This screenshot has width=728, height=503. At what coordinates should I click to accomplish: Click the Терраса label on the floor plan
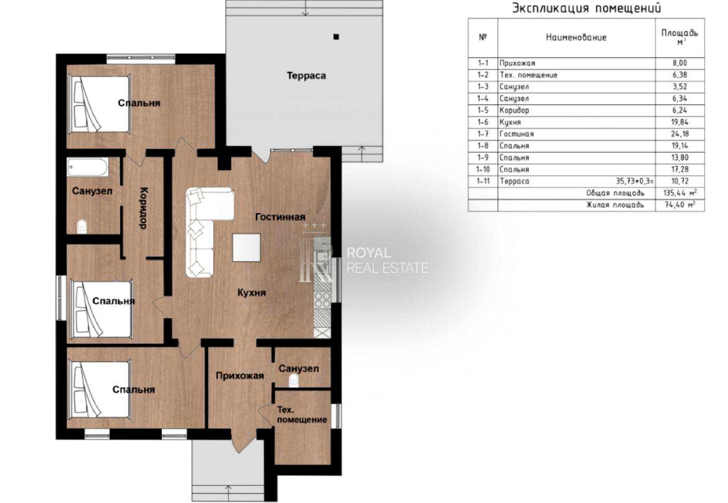point(306,76)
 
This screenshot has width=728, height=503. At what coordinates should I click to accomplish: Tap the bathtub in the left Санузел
point(88,167)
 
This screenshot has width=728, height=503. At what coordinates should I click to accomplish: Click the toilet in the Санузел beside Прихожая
point(293,380)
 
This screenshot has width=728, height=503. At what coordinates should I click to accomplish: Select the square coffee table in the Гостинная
point(246,247)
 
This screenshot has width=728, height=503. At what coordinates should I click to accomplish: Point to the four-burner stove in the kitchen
point(322,300)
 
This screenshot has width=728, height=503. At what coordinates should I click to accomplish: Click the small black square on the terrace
point(336,37)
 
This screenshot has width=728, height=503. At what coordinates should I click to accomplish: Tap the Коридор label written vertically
point(144,208)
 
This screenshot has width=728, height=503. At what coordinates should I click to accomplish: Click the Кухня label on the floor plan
point(252,293)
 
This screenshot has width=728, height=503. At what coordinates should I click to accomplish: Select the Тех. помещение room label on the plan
point(302,415)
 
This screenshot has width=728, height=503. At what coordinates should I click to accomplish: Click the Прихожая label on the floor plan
point(240,376)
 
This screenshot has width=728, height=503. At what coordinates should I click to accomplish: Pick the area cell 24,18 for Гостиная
point(680,134)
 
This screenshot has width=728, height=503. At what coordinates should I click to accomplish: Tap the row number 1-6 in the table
point(483,122)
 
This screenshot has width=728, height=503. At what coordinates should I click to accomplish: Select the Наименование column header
point(576,37)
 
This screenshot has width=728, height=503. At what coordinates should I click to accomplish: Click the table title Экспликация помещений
point(587,8)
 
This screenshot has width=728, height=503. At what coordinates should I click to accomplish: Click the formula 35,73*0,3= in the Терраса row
point(635,181)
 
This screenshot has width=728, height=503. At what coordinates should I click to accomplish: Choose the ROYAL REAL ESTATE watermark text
point(387,260)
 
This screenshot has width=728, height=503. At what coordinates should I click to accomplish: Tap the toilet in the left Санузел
point(82,227)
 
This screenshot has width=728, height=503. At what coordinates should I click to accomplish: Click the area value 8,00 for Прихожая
point(680,63)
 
